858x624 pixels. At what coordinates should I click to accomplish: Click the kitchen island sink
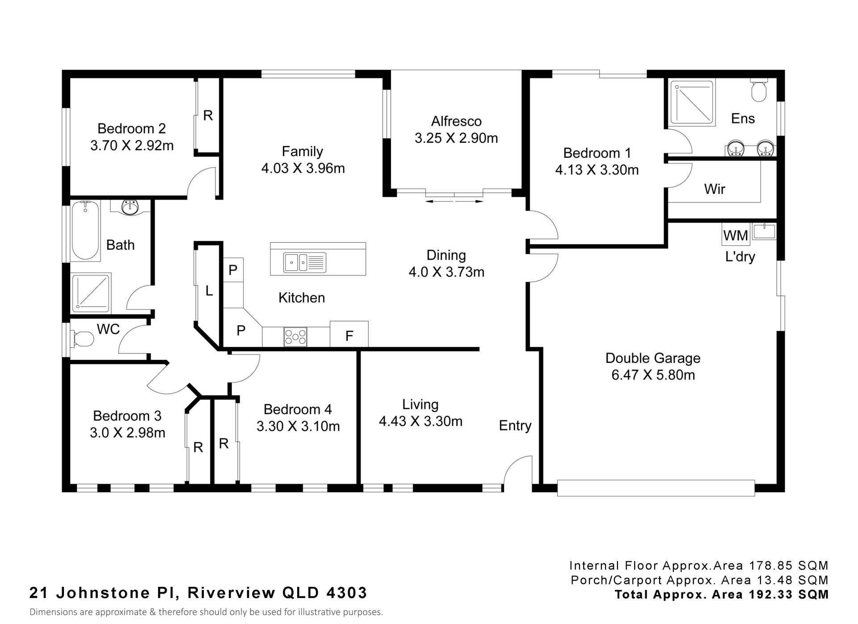304,262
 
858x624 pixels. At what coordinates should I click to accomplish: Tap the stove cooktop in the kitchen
295,337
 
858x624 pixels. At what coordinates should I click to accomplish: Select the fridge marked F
349,334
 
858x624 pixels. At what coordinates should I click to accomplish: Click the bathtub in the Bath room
85,231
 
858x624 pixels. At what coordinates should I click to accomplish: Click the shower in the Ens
692,102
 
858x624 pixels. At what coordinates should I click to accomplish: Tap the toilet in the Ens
759,90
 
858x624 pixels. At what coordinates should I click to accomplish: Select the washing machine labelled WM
736,235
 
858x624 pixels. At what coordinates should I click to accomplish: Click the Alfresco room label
456,121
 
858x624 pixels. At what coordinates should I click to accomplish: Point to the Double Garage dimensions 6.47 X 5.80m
653,375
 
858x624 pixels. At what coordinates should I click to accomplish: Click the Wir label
715,189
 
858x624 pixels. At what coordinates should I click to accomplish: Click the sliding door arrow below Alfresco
454,202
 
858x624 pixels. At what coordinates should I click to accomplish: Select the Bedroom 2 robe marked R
208,116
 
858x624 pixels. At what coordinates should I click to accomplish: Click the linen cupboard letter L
209,291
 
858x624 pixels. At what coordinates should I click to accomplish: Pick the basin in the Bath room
130,207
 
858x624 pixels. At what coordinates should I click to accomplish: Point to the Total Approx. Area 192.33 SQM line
722,594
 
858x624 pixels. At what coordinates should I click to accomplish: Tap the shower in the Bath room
91,293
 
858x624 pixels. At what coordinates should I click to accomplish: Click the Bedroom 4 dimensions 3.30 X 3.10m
298,426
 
